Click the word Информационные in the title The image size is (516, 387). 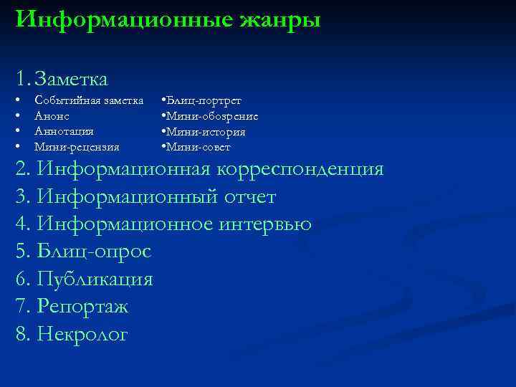(115, 19)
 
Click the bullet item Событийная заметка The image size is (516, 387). (88, 100)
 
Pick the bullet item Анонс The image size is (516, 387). (53, 115)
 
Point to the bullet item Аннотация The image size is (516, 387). (64, 131)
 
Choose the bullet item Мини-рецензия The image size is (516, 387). (77, 147)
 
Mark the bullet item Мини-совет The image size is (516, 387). (199, 147)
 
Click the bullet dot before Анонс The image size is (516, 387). (17, 115)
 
